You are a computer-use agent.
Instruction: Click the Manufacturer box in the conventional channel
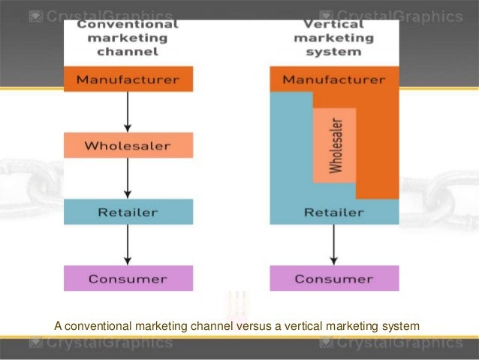tap(128, 78)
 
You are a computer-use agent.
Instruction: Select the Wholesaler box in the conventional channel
tap(128, 145)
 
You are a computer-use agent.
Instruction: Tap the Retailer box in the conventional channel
tap(128, 212)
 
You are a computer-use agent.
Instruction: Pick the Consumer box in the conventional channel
tap(128, 279)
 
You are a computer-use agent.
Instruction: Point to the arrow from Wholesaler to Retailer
tap(128, 178)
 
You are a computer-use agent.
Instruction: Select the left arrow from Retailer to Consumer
tap(128, 245)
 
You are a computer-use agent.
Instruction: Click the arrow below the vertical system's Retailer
tap(334, 245)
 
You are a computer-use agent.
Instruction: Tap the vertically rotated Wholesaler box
tap(334, 145)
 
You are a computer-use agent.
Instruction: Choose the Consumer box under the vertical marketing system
tap(334, 279)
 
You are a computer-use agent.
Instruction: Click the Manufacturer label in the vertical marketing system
tap(334, 78)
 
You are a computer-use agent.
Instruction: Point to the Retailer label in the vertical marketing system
tap(334, 212)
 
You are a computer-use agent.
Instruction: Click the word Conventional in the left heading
tap(128, 23)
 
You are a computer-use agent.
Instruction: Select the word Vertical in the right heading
tap(334, 23)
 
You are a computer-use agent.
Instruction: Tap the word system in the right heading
tap(334, 52)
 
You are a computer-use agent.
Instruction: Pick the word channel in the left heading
tap(128, 52)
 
